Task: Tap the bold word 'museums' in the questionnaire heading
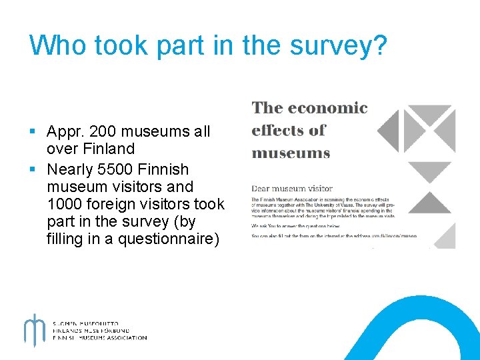click(x=291, y=153)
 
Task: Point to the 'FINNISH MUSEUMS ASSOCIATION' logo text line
click(x=100, y=338)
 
